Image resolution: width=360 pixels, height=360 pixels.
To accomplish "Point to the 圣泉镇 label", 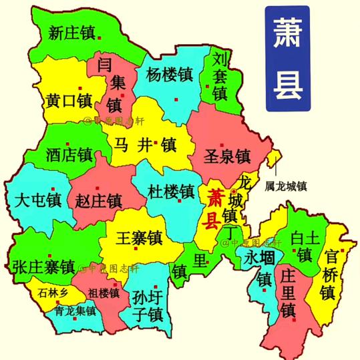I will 226,158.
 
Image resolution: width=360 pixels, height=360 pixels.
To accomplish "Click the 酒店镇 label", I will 69,156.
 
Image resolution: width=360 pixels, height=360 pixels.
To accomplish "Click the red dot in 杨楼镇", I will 176,100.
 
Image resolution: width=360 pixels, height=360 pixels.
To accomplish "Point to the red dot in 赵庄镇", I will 98,187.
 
